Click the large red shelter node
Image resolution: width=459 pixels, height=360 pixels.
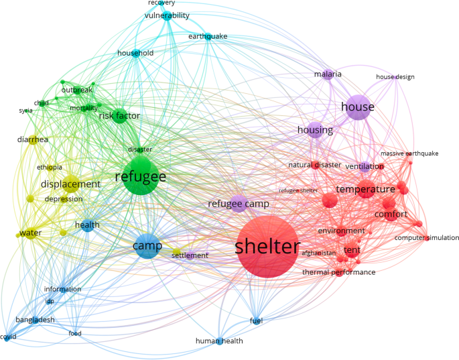267,247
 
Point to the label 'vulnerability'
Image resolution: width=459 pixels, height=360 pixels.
167,15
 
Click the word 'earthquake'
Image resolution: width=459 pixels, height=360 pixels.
208,36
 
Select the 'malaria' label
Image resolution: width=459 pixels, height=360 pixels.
328,74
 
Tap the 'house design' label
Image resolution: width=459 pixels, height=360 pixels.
395,77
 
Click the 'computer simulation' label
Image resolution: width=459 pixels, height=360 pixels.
427,238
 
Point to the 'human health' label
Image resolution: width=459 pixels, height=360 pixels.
219,341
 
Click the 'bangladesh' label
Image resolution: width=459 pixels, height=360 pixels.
35,320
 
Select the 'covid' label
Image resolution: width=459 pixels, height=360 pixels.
8,337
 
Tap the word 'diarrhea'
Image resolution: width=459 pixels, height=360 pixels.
33,139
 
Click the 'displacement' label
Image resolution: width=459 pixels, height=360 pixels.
70,184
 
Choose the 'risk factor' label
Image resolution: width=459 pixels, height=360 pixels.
119,116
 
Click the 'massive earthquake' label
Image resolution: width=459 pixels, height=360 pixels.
409,154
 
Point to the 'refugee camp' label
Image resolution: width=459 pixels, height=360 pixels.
238,204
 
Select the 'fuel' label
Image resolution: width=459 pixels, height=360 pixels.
256,320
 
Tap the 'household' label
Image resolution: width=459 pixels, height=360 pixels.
135,53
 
